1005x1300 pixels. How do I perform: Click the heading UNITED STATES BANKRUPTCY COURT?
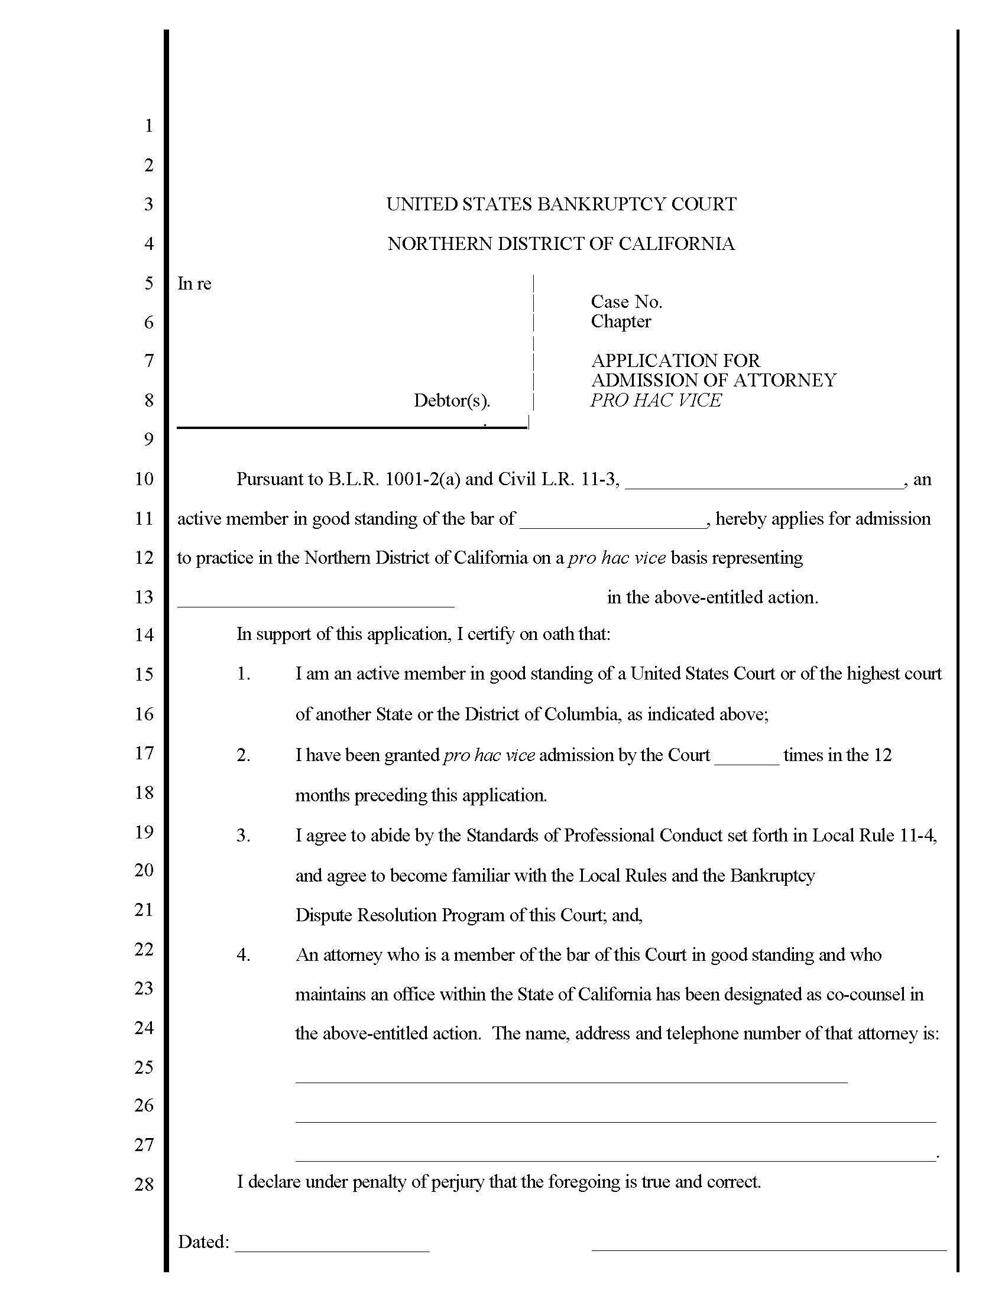coord(561,204)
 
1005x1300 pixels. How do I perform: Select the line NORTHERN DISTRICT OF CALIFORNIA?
coord(561,243)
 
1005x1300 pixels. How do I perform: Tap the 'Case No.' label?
coord(626,302)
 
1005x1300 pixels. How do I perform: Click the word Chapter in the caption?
coord(620,321)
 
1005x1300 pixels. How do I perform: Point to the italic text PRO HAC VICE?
coord(656,400)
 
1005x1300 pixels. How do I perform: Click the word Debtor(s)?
coord(451,401)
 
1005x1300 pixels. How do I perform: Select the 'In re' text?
coord(194,283)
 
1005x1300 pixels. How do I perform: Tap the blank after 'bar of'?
coord(612,522)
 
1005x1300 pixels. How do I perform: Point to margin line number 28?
coord(144,1185)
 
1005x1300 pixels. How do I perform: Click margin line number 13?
coord(144,597)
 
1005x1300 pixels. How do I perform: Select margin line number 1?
coord(148,126)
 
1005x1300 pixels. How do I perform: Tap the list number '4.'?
coord(243,955)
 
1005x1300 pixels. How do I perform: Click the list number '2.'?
coord(243,755)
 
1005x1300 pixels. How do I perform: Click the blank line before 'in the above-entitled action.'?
coord(316,602)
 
